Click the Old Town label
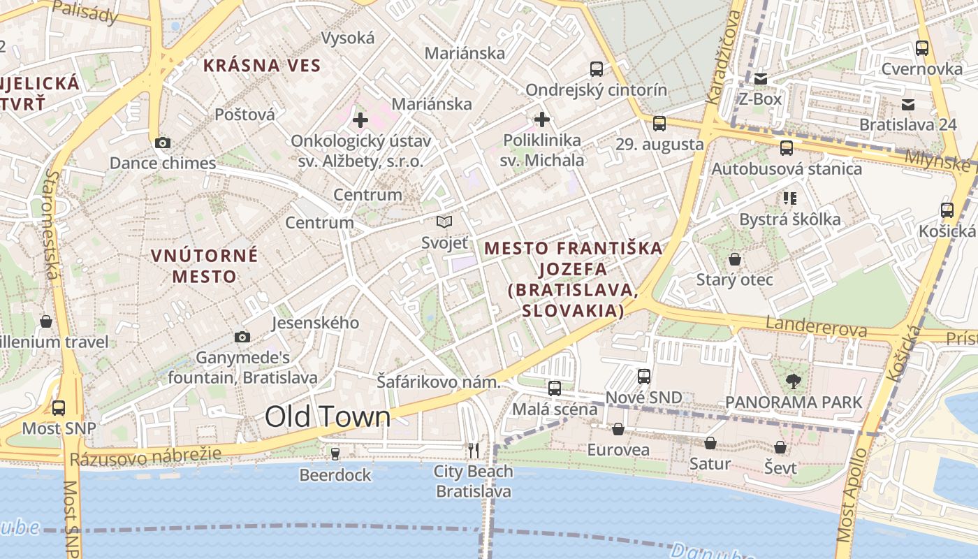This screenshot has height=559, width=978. [x=328, y=416]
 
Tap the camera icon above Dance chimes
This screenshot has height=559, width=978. [x=163, y=143]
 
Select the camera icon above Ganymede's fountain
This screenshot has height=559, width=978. [x=242, y=337]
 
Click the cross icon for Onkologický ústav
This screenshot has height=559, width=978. [x=360, y=120]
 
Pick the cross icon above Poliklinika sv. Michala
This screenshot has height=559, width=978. [x=542, y=119]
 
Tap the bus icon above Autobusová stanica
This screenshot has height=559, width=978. [x=787, y=148]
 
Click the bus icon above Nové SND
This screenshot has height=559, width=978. [x=644, y=377]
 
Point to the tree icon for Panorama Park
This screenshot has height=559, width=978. [x=793, y=382]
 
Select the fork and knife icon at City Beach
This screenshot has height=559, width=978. [x=474, y=451]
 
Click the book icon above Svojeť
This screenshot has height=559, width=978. [x=444, y=222]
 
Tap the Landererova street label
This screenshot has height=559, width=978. [x=817, y=327]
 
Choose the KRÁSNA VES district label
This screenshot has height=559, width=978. [x=262, y=66]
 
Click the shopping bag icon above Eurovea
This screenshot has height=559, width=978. [x=618, y=429]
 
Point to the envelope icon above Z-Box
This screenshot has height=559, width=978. [x=761, y=79]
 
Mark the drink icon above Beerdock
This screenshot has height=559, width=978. [x=335, y=454]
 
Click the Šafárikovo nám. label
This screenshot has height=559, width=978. [x=439, y=382]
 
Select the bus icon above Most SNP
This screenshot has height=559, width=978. [x=59, y=407]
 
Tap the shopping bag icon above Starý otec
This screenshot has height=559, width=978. [x=735, y=260]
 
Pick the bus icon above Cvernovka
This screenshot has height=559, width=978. [x=922, y=48]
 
